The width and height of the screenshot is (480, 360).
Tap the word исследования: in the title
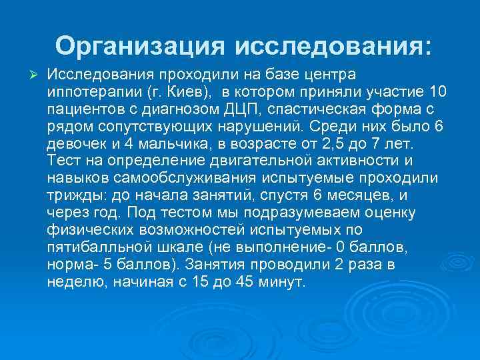click(333, 46)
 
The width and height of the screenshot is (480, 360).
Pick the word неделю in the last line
click(73, 281)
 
